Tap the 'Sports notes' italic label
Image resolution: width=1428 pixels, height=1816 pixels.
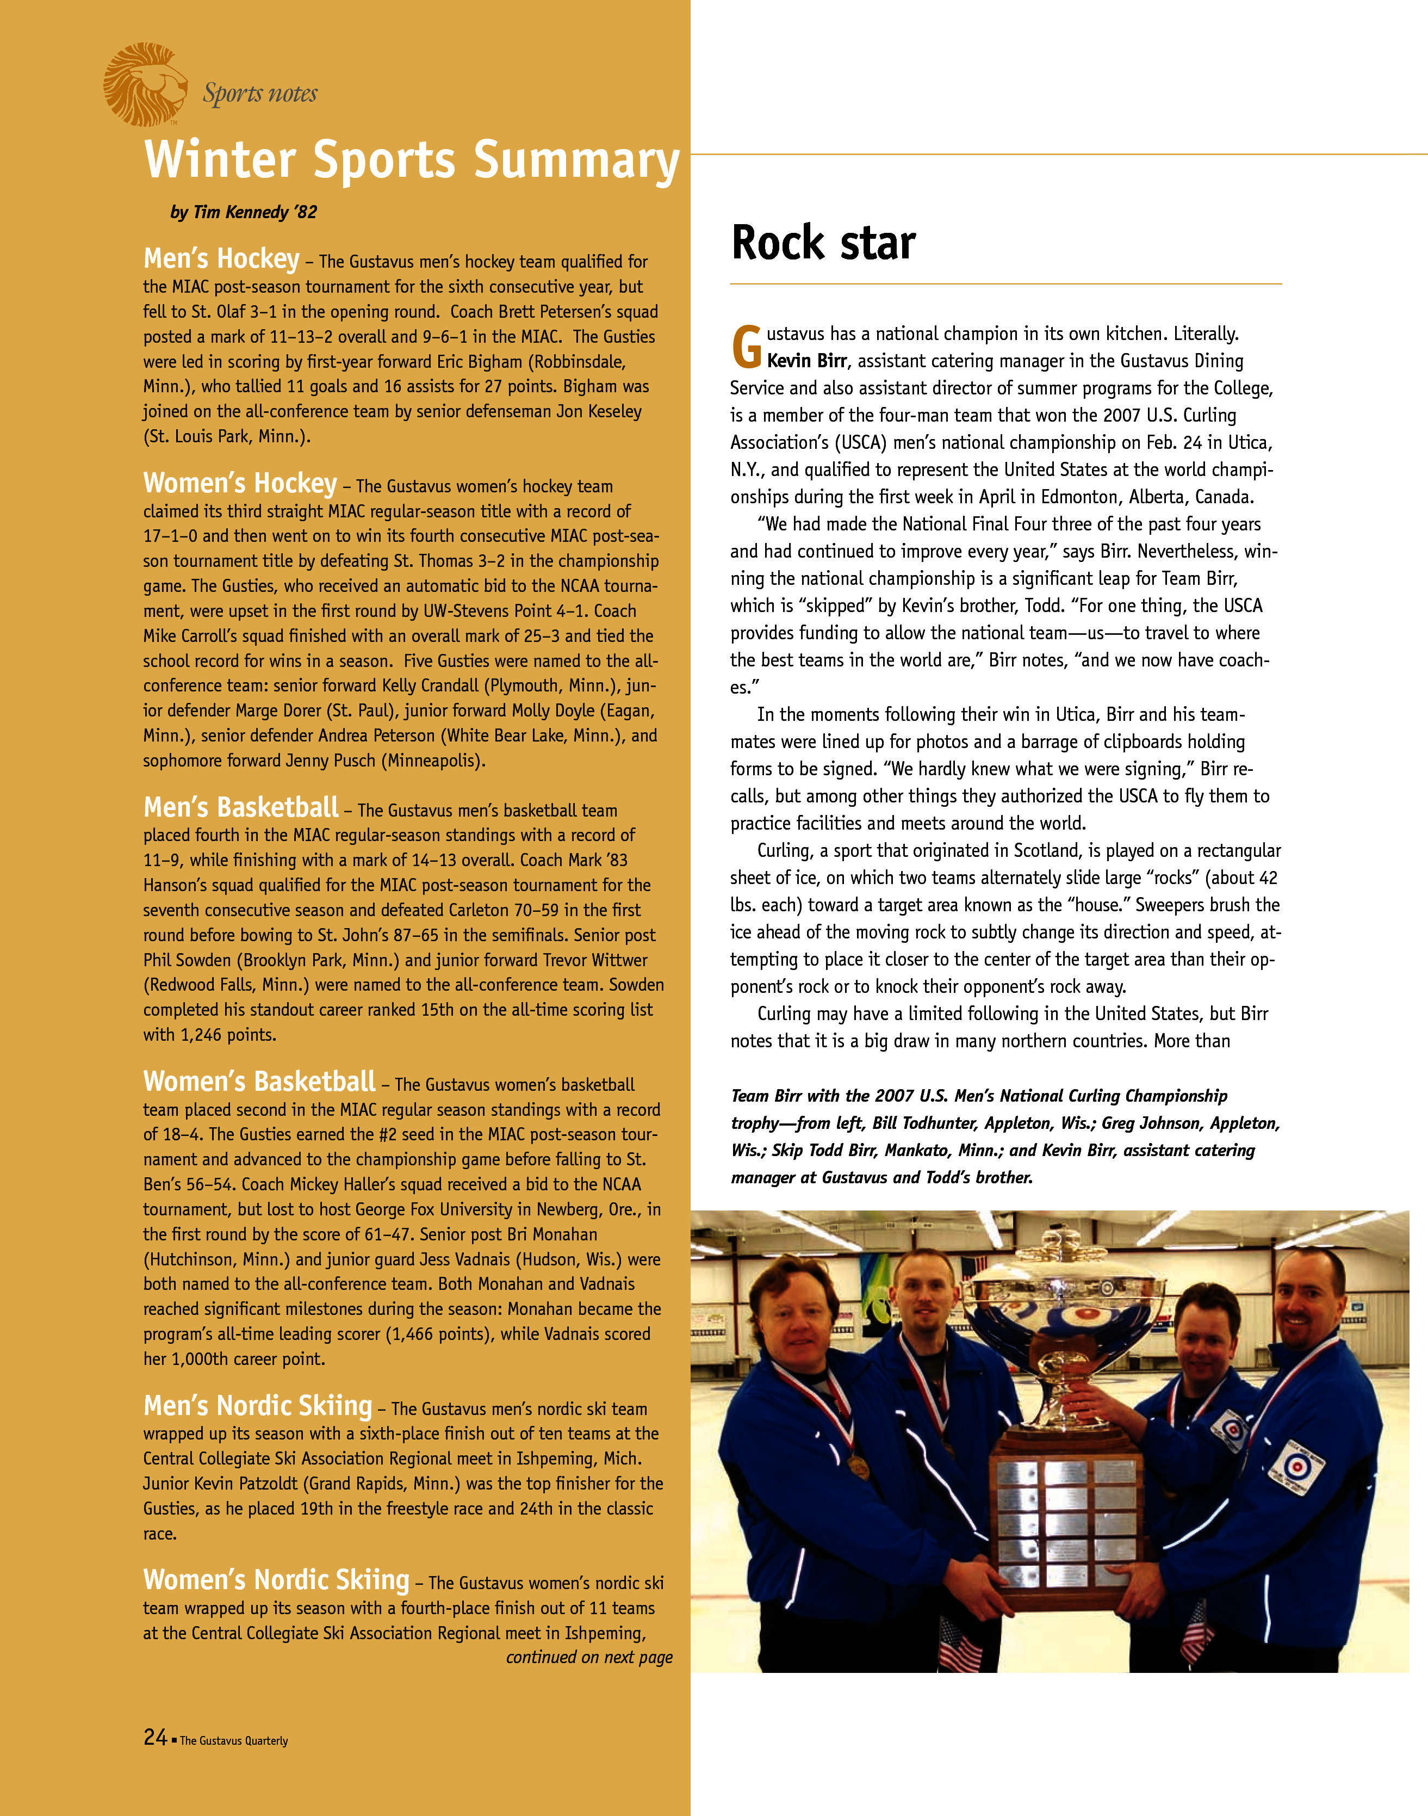pyautogui.click(x=260, y=93)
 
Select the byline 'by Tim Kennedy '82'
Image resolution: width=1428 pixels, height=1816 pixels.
pyautogui.click(x=243, y=213)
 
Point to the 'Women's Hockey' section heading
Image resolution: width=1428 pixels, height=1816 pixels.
pyautogui.click(x=240, y=484)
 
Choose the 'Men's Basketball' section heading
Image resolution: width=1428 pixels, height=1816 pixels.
pyautogui.click(x=241, y=807)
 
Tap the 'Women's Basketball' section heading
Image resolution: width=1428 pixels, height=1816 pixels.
pyautogui.click(x=259, y=1082)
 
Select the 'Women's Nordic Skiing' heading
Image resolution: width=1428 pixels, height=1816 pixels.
pyautogui.click(x=276, y=1579)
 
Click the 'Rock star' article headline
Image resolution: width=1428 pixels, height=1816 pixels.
pyautogui.click(x=823, y=243)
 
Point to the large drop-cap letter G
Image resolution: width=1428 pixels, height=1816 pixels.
pyautogui.click(x=747, y=347)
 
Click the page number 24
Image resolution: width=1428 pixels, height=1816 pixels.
pyautogui.click(x=154, y=1737)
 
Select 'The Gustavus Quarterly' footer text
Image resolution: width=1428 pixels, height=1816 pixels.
pyautogui.click(x=233, y=1741)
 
